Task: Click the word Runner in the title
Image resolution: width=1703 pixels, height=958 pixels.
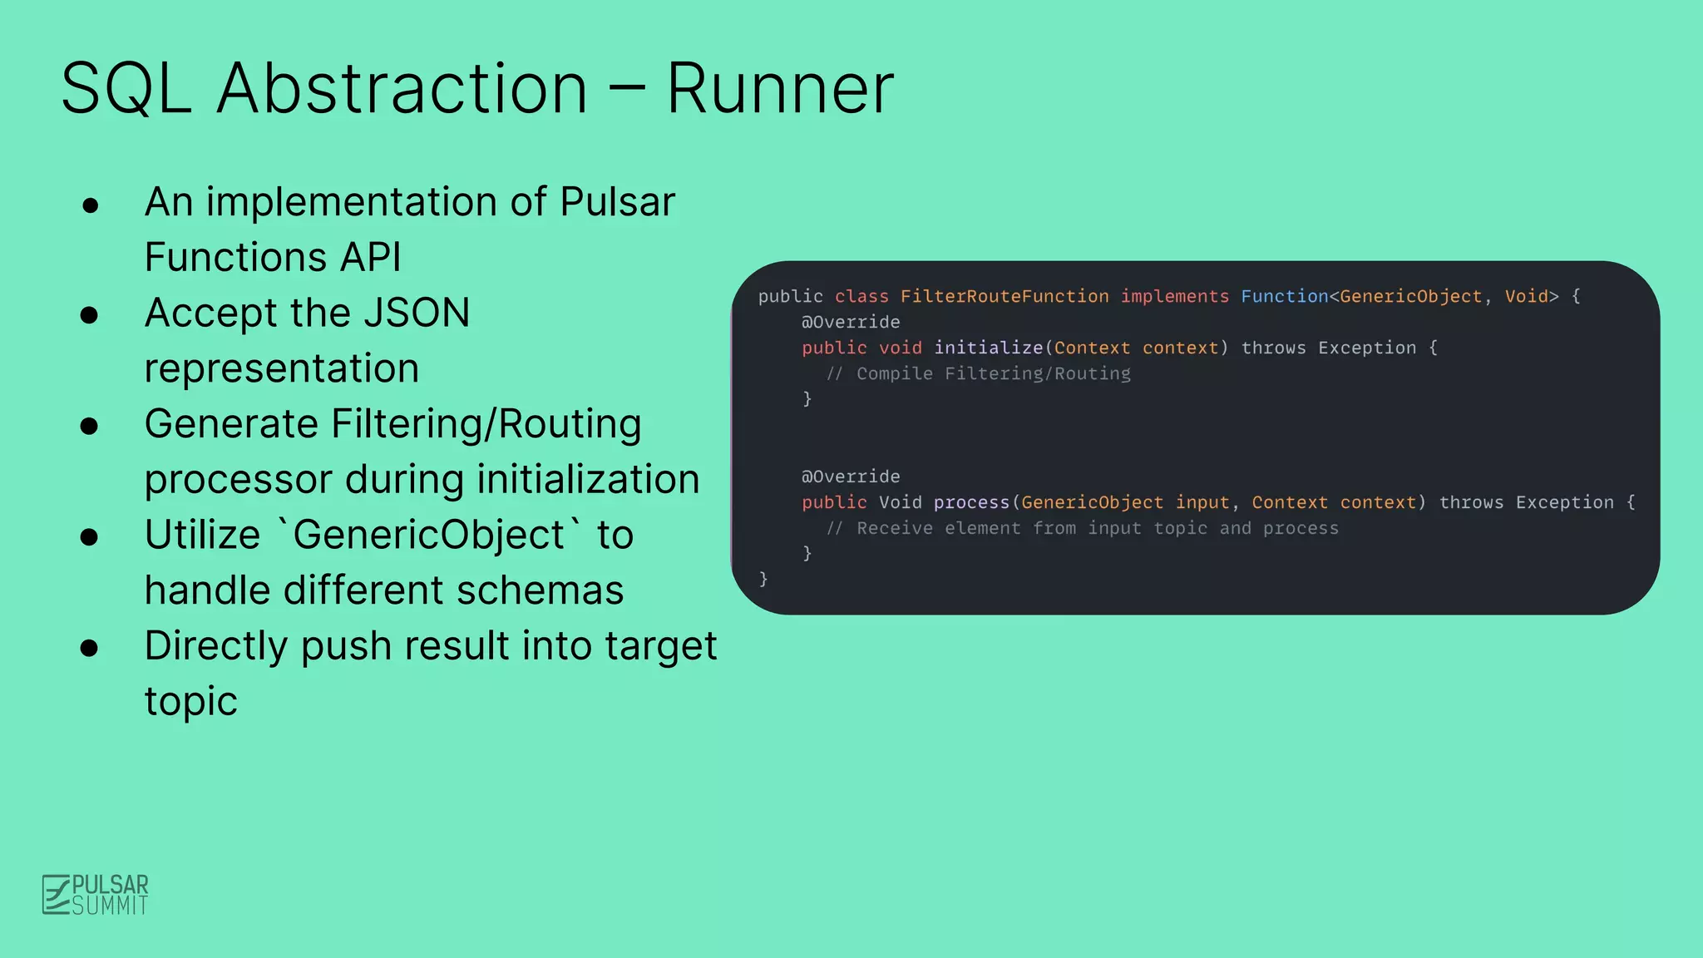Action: pyautogui.click(x=779, y=88)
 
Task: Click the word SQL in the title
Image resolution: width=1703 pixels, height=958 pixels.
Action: pyautogui.click(x=126, y=88)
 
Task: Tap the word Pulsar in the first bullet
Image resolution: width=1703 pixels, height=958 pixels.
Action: pyautogui.click(x=617, y=202)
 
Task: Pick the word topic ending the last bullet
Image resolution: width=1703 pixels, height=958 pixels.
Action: pyautogui.click(x=190, y=702)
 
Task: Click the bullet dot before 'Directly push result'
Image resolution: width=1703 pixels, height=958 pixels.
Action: pyautogui.click(x=90, y=648)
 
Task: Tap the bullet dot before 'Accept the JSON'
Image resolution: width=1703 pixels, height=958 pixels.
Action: pyautogui.click(x=90, y=315)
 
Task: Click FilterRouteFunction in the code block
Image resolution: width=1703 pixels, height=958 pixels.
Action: pyautogui.click(x=1004, y=297)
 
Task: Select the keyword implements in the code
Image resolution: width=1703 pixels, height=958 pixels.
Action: pyautogui.click(x=1174, y=297)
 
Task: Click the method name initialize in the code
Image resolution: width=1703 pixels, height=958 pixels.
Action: pyautogui.click(x=988, y=348)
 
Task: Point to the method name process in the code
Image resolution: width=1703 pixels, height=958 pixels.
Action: pyautogui.click(x=970, y=503)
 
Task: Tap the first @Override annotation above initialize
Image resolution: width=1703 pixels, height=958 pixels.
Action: pyautogui.click(x=850, y=323)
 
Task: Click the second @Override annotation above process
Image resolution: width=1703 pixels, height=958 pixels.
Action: pyautogui.click(x=850, y=477)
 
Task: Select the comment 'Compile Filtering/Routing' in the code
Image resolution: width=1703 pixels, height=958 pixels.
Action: pyautogui.click(x=993, y=374)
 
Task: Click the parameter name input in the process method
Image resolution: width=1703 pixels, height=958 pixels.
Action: pyautogui.click(x=1202, y=503)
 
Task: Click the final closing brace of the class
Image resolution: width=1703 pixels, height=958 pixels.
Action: pyautogui.click(x=763, y=579)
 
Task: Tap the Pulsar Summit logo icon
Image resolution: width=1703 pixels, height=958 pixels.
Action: pyautogui.click(x=57, y=895)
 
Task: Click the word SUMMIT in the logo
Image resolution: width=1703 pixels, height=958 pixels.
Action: pyautogui.click(x=111, y=906)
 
